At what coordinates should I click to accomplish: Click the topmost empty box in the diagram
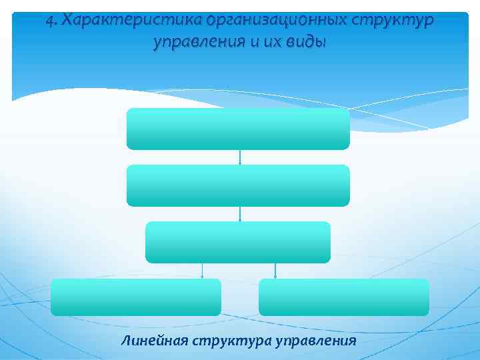238,129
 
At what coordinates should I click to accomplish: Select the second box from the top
238,185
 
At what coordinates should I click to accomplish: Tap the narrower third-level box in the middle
238,242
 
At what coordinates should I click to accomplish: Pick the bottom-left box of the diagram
136,297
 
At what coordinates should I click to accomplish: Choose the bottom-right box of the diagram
344,297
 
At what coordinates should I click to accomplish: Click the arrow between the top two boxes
240,157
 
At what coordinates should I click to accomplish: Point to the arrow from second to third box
240,214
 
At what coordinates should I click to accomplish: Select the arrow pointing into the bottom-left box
203,271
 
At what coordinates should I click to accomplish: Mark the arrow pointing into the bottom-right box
275,271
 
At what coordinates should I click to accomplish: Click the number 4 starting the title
50,21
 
